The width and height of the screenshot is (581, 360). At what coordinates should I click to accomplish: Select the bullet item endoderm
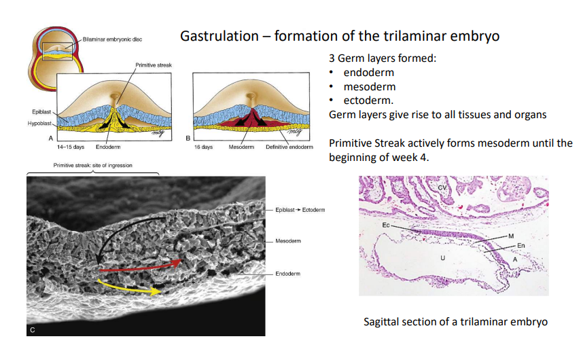pos(368,72)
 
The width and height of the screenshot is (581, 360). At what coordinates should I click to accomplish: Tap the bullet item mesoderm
pos(369,86)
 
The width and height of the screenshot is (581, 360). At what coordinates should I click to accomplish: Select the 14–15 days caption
pos(70,147)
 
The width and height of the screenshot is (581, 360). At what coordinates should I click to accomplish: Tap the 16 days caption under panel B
pos(203,147)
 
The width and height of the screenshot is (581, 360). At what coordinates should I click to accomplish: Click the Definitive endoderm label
pos(289,147)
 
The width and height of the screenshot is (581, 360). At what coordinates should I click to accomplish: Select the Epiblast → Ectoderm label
pos(300,210)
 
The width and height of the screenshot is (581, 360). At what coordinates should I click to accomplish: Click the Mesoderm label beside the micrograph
pos(288,241)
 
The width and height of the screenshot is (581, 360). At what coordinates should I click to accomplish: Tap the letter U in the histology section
pos(442,258)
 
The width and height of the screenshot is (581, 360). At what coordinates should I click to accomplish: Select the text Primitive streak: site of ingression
pos(92,165)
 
